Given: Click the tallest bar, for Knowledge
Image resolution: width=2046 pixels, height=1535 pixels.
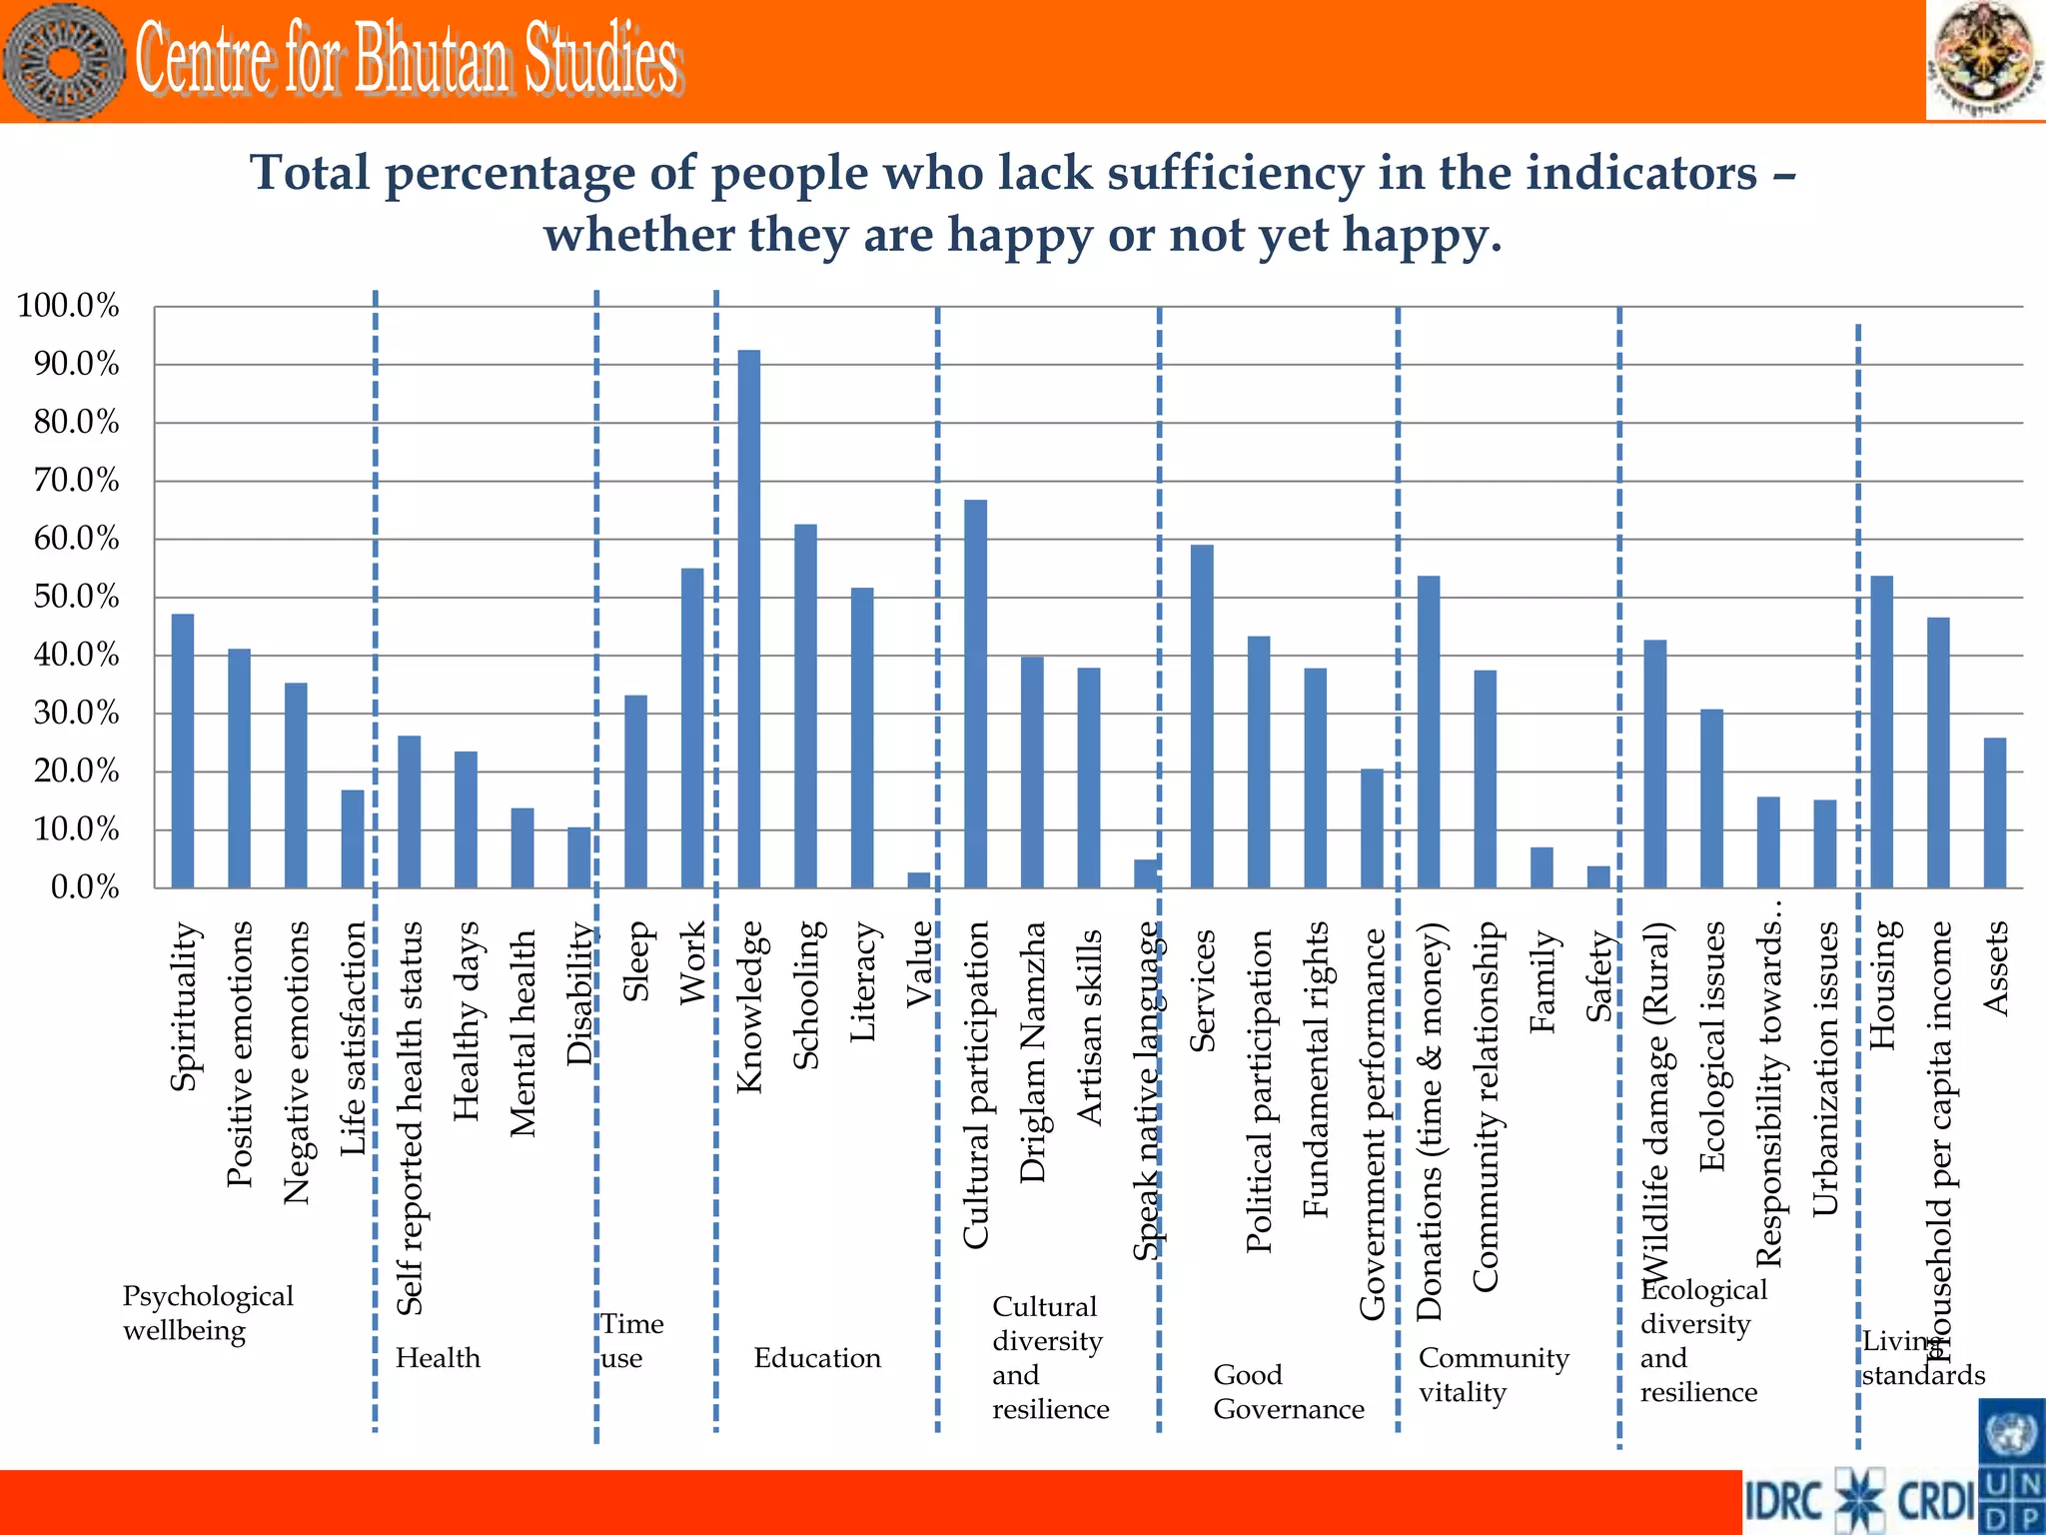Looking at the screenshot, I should pyautogui.click(x=748, y=620).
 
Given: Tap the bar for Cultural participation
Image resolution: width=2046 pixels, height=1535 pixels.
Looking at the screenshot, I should pyautogui.click(x=975, y=695).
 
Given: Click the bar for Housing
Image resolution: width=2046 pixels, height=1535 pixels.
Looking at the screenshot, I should pyautogui.click(x=1881, y=733).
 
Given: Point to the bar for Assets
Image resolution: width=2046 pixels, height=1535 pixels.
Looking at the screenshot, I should pyautogui.click(x=1994, y=812).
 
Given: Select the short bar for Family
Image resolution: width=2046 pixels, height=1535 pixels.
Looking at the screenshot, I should pyautogui.click(x=1541, y=867).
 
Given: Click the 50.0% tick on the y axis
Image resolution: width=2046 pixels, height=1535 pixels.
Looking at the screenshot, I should pyautogui.click(x=76, y=598).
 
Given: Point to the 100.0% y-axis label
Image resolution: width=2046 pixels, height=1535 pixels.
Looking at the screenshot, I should pyautogui.click(x=68, y=306).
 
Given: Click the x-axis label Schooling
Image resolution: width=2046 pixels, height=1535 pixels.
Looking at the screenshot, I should pyautogui.click(x=806, y=995).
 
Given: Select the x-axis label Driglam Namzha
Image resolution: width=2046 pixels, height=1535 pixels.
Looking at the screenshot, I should pyautogui.click(x=1032, y=1052).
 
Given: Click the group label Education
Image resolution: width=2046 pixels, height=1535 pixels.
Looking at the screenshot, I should pyautogui.click(x=817, y=1358).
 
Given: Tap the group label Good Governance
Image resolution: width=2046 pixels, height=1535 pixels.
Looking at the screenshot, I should pyautogui.click(x=1288, y=1392).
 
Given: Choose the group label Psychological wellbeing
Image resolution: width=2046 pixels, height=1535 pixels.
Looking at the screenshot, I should pyautogui.click(x=207, y=1313).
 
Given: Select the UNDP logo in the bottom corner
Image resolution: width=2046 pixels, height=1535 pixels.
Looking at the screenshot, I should pyautogui.click(x=2011, y=1467).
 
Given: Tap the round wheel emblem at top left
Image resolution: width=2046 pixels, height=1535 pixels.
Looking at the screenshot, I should pyautogui.click(x=64, y=62).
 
